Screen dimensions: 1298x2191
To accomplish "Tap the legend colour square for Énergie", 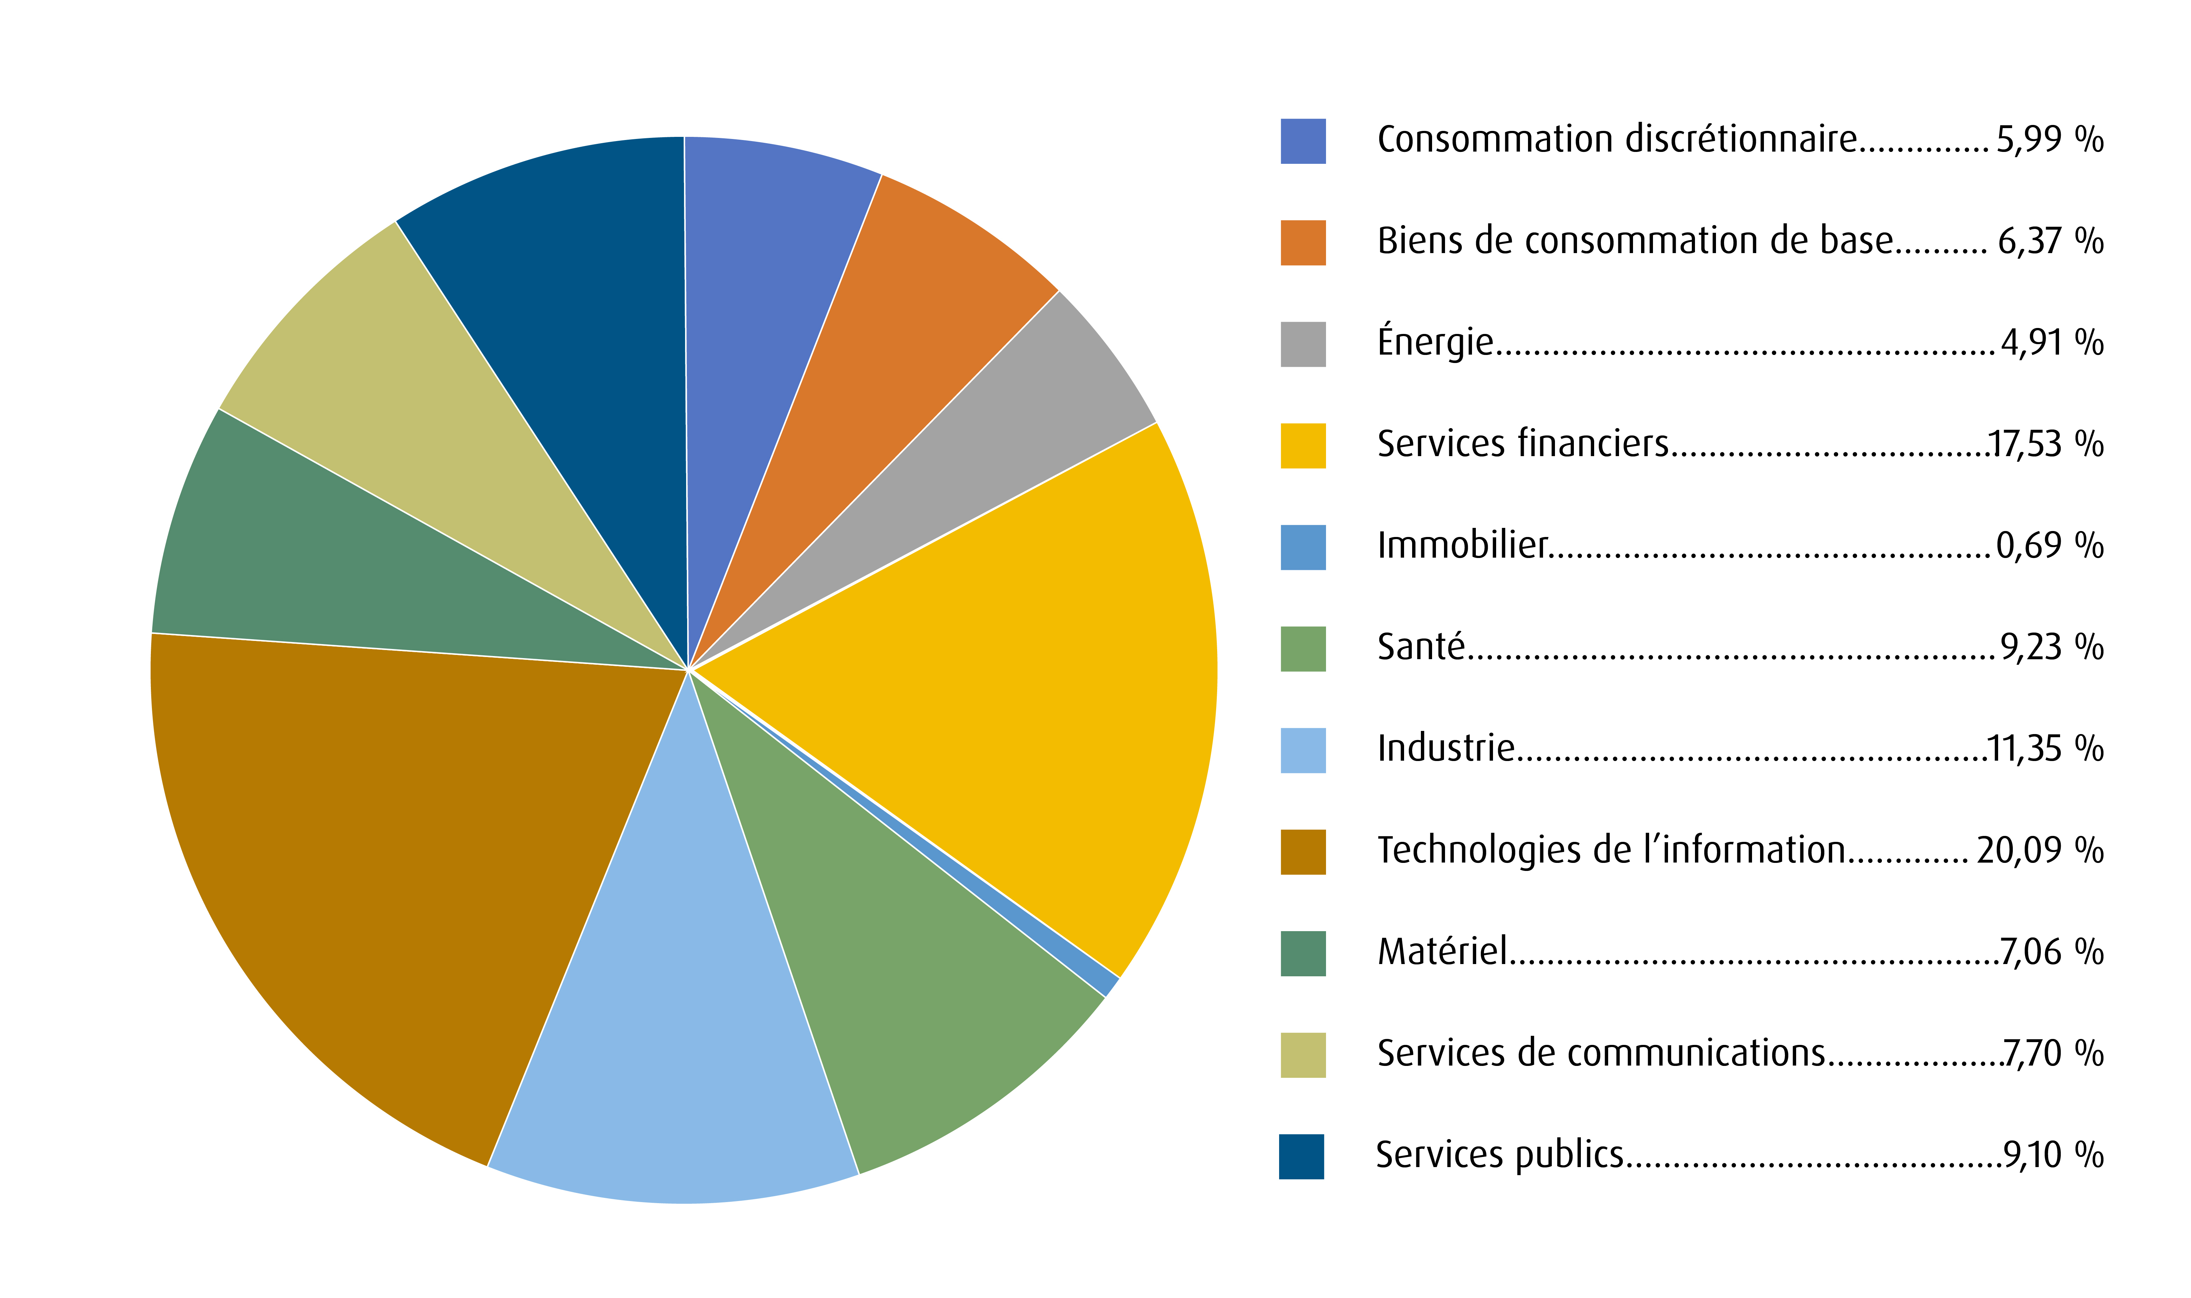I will [1302, 344].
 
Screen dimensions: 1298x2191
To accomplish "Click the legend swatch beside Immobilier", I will [1302, 547].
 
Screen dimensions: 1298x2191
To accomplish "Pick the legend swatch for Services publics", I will [1300, 1156].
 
